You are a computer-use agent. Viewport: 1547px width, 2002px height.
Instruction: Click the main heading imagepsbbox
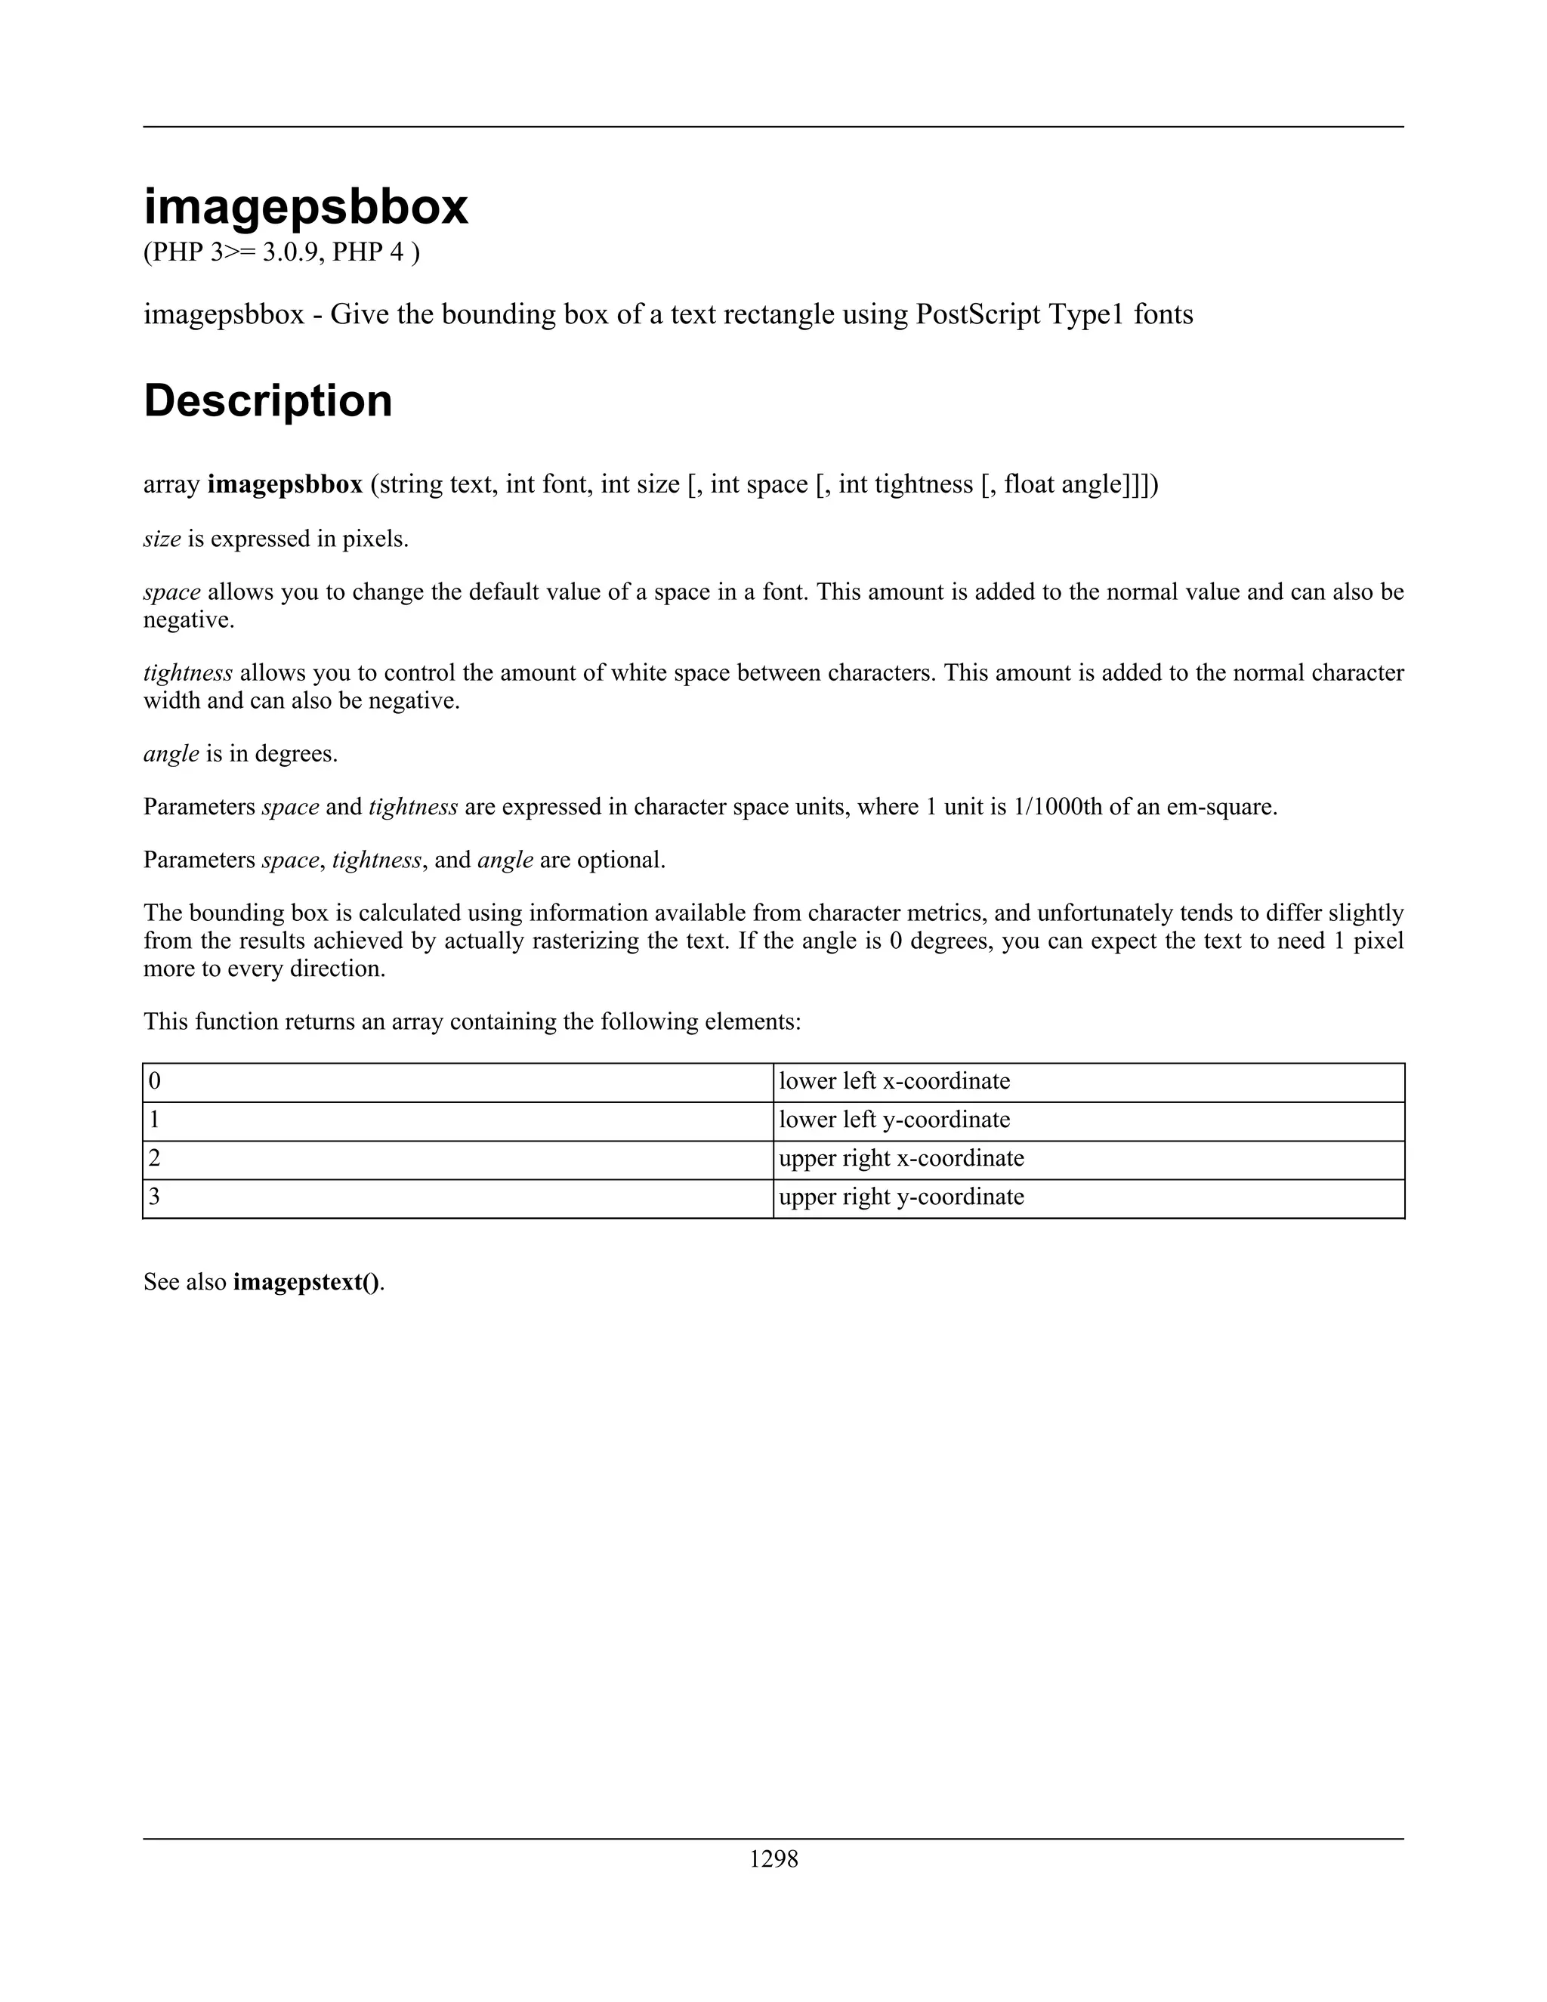coord(305,207)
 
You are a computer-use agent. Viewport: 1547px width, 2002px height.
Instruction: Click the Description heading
coord(267,401)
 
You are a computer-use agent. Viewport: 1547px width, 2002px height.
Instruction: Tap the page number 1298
coord(773,1859)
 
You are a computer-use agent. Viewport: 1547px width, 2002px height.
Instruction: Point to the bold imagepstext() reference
coord(306,1281)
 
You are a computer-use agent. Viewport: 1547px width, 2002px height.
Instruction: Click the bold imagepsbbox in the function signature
coord(285,485)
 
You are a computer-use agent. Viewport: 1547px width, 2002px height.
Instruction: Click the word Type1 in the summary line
coord(1085,315)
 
